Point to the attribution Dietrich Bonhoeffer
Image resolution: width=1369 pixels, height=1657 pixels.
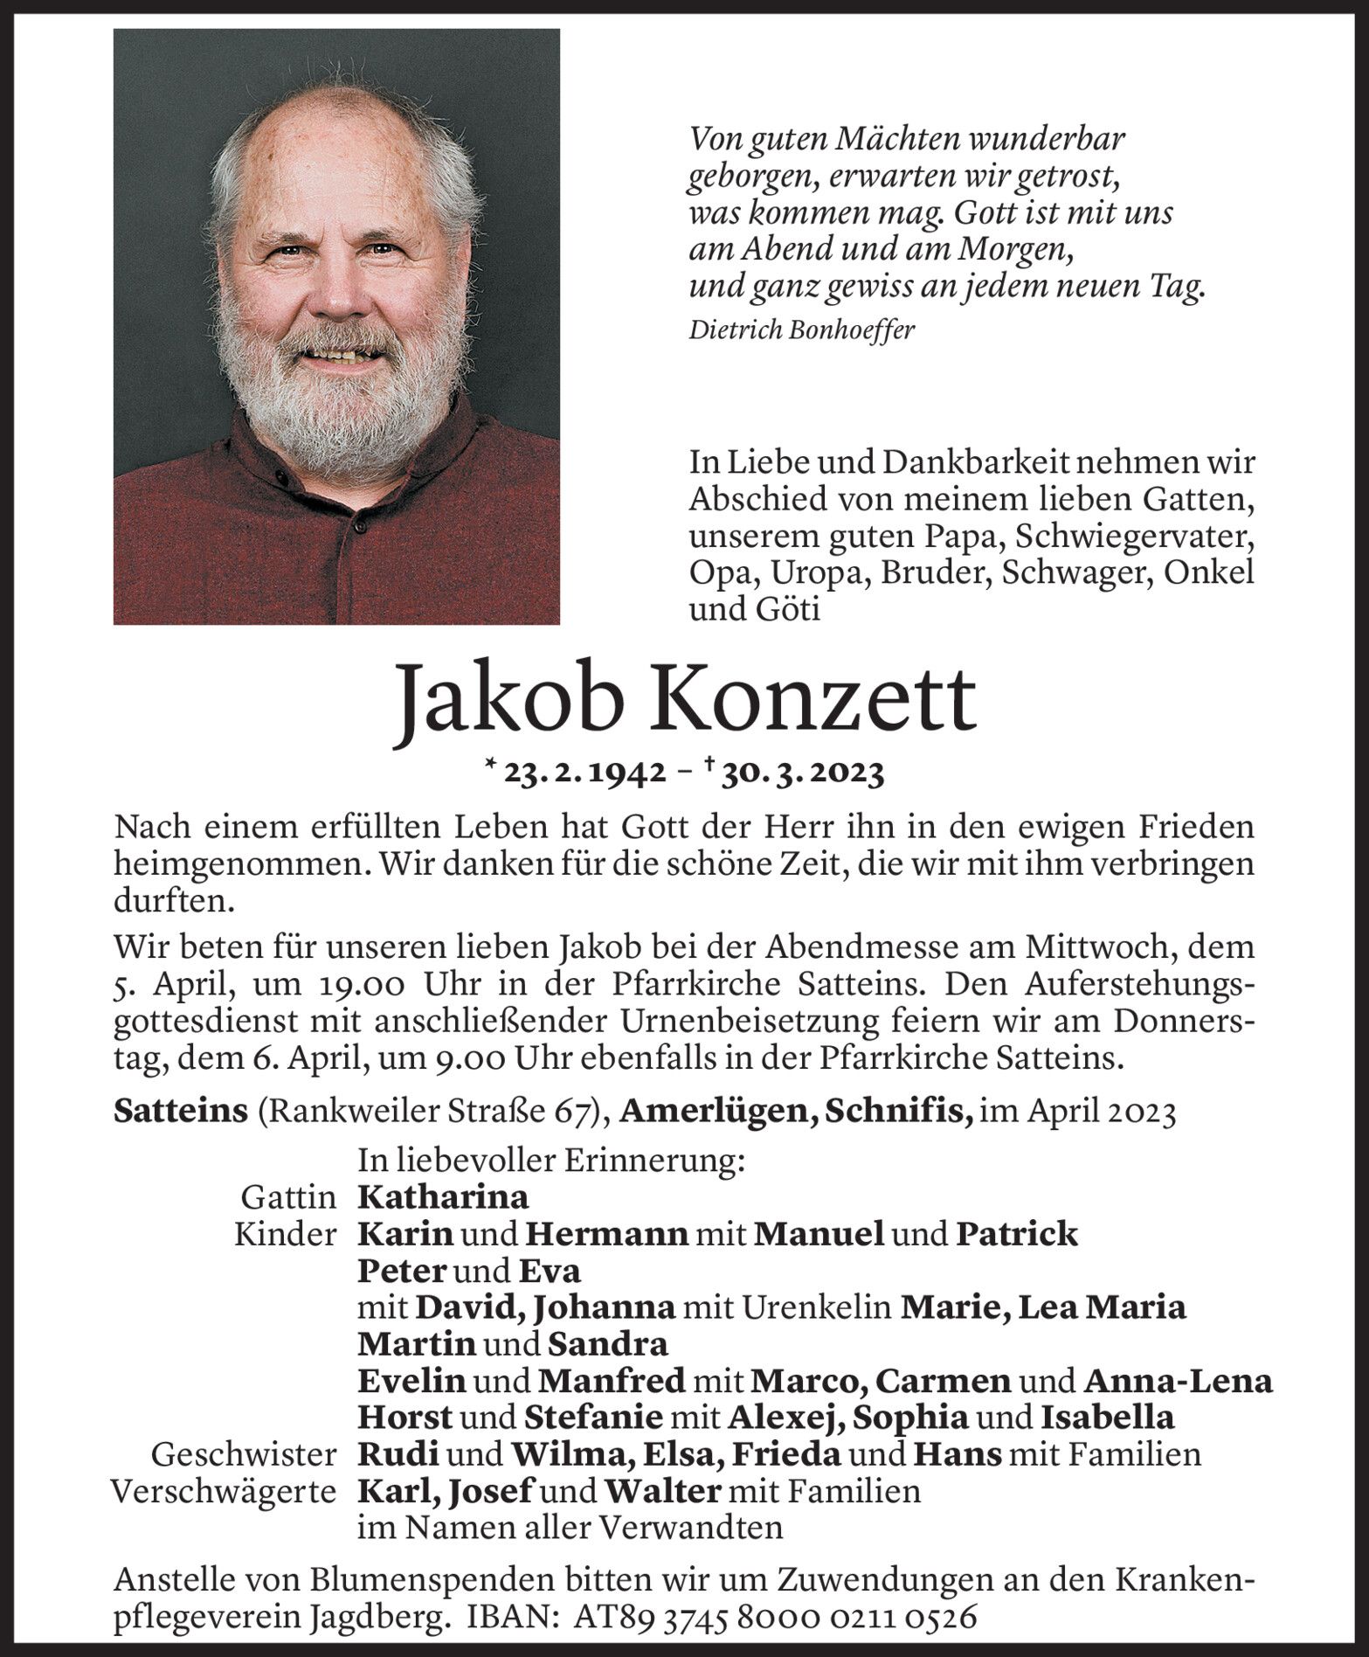(801, 330)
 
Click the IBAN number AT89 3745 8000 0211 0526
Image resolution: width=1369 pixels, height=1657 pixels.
(774, 1618)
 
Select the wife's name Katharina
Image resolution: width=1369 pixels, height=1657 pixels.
(443, 1196)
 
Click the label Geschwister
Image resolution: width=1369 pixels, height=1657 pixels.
(244, 1455)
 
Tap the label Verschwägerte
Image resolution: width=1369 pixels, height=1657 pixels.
(225, 1492)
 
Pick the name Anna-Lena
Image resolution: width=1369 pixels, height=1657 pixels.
(1177, 1382)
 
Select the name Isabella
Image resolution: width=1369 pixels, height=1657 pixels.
(1106, 1418)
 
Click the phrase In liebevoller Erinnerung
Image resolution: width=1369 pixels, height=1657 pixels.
(551, 1161)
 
